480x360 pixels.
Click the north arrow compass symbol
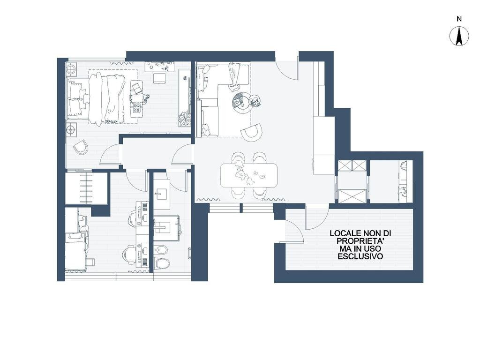pyautogui.click(x=459, y=36)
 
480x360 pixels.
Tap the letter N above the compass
pyautogui.click(x=459, y=19)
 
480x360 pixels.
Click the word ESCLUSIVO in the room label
pyautogui.click(x=360, y=256)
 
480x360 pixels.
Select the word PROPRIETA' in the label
pyautogui.click(x=360, y=241)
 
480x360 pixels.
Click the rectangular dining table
pyautogui.click(x=249, y=175)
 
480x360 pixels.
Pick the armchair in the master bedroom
pyautogui.click(x=81, y=148)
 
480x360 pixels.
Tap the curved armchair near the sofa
pyautogui.click(x=252, y=132)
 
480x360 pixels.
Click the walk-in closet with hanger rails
pyautogui.click(x=87, y=188)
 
